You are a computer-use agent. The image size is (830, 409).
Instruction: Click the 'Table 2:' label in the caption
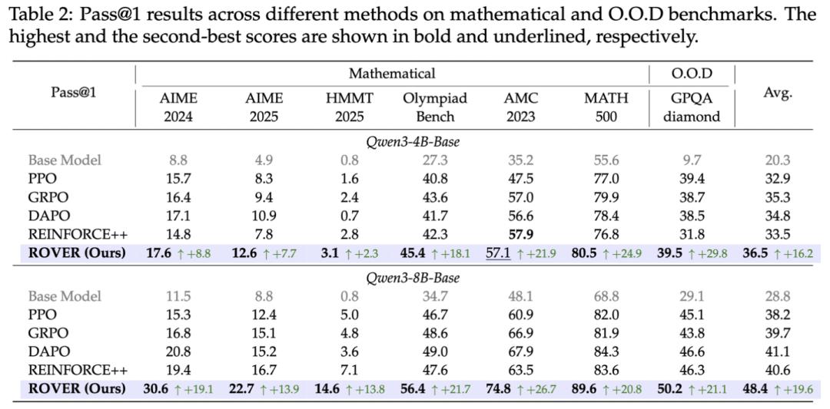pos(35,15)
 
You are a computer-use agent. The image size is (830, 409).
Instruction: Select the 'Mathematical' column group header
pos(391,74)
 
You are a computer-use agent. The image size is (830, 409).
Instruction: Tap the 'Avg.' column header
pos(778,94)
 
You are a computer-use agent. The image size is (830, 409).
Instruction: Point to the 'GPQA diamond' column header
pos(692,107)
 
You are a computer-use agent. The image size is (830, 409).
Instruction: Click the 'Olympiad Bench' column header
pos(434,107)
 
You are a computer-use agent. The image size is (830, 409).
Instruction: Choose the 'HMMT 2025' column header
pos(350,107)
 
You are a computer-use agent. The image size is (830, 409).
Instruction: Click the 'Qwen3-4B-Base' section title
pos(413,142)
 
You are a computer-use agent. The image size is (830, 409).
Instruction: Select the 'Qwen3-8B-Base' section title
pos(413,278)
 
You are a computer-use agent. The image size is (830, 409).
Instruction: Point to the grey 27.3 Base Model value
pos(434,160)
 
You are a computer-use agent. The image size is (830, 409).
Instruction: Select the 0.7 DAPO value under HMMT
pos(350,216)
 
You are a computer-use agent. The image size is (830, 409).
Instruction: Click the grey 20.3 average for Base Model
pos(778,160)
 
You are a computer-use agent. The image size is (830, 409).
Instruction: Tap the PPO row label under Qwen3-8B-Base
pos(42,315)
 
